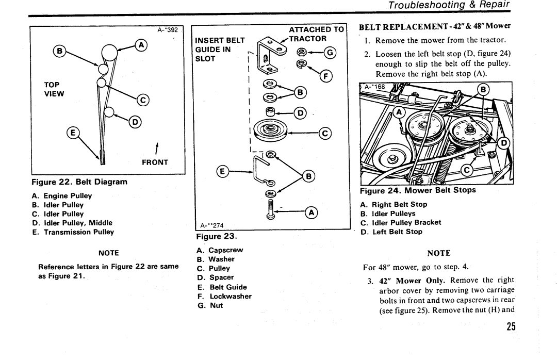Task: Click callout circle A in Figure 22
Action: [x=139, y=45]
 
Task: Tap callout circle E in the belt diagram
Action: [x=74, y=134]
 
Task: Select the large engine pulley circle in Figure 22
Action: [x=110, y=52]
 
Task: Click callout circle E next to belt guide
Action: [x=223, y=170]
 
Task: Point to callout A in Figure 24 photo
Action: [x=399, y=113]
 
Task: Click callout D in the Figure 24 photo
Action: [x=505, y=144]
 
